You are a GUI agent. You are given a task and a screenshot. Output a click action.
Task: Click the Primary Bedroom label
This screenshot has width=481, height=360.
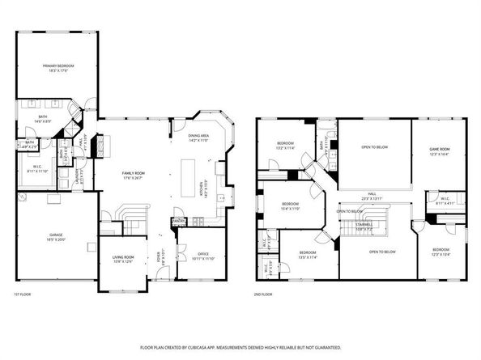[x=57, y=66]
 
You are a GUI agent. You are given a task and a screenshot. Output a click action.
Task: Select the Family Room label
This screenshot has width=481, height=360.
[x=133, y=176]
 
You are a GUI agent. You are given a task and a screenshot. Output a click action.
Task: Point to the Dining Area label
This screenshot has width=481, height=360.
[x=198, y=138]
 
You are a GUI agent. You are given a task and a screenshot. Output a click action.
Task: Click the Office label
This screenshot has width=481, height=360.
[x=204, y=256]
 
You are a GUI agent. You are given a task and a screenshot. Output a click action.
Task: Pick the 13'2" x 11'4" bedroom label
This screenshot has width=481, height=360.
[x=284, y=146]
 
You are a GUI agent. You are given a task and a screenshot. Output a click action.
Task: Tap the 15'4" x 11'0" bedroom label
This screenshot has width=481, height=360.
[x=291, y=206]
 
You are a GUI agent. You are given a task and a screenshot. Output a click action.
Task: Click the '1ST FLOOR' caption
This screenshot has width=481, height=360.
[x=23, y=294]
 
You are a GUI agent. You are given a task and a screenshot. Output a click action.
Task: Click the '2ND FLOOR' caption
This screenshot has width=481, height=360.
[x=264, y=294]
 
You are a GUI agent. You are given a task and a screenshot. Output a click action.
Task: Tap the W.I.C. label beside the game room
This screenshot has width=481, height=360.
[x=445, y=201]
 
